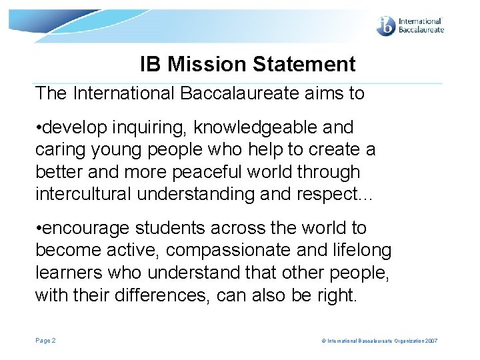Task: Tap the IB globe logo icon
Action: point(386,25)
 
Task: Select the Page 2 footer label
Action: point(45,341)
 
